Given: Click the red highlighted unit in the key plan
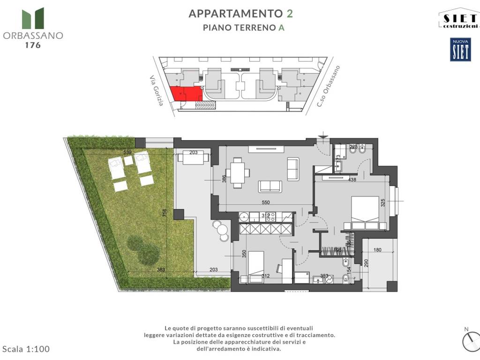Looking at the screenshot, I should coord(186,94).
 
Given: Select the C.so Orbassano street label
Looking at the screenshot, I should coord(328,86).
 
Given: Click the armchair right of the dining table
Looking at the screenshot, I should coord(293,170).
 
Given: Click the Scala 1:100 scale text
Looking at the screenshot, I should coord(26,349).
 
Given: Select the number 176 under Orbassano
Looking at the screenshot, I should coord(32,45).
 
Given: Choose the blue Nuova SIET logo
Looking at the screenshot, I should coord(460,50).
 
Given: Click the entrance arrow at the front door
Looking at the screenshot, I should coord(322,136).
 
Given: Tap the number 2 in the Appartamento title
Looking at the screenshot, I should coord(290,13).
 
